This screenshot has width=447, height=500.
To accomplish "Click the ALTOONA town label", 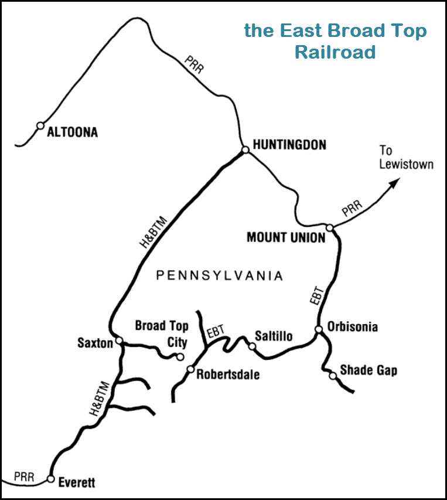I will [x=72, y=132].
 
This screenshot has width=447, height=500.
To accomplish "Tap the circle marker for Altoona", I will [x=40, y=125].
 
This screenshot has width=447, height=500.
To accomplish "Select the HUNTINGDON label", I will [x=289, y=145].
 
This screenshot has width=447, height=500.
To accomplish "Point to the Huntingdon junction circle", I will [x=245, y=150].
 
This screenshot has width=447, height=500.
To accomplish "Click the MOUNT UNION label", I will [x=285, y=237].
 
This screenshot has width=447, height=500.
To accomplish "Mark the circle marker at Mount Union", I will [x=330, y=227].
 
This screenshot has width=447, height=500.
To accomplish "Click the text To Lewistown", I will [x=406, y=158].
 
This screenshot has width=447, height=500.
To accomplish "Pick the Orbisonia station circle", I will [x=319, y=329].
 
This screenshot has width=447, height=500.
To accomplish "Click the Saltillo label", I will [x=274, y=336].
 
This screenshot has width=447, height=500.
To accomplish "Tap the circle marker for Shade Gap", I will [x=333, y=376].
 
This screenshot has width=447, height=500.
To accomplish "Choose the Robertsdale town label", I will [x=228, y=374].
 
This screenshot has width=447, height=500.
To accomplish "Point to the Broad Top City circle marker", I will [x=180, y=356].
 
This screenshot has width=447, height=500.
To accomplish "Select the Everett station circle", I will [x=50, y=478].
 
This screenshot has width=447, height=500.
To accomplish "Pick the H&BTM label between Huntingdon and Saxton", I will [x=155, y=233].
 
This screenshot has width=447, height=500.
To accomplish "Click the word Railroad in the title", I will [x=335, y=52].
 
